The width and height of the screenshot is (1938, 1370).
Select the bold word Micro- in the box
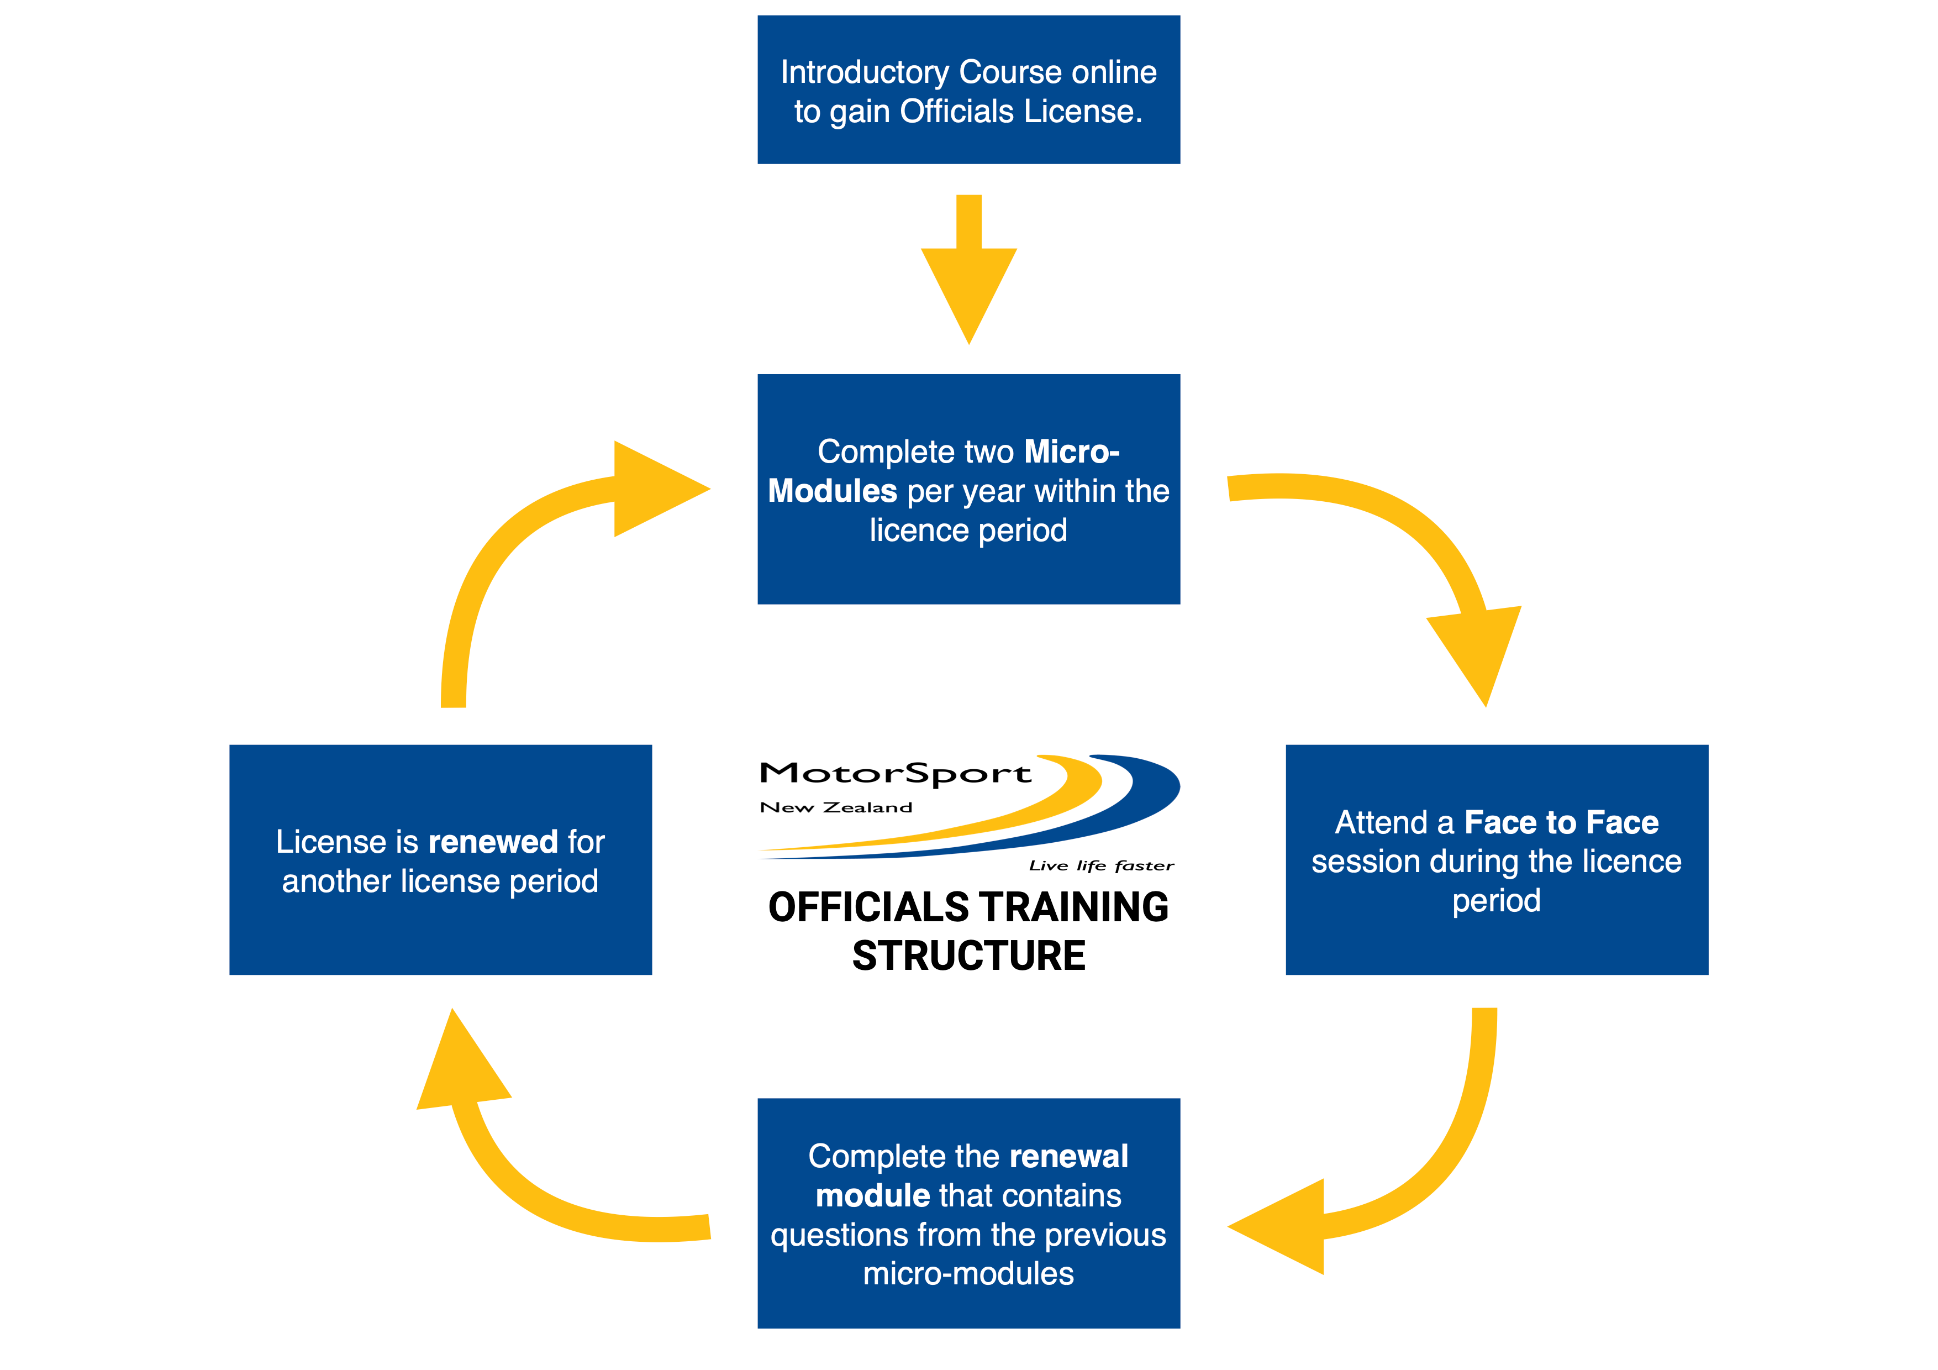coord(1071,452)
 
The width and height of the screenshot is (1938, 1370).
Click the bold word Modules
coord(831,491)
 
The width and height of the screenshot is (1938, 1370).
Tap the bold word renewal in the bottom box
coord(1068,1157)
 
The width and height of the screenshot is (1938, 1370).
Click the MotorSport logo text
coord(895,773)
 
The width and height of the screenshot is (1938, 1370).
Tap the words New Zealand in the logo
coord(836,808)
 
